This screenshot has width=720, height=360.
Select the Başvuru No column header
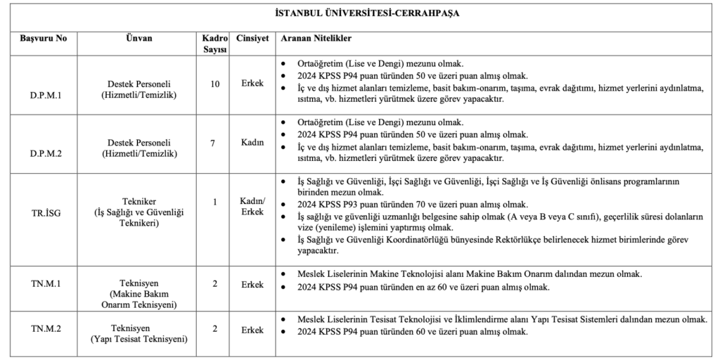coord(43,37)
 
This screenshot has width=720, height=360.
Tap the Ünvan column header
coord(140,37)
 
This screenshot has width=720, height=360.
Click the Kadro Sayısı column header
coord(215,43)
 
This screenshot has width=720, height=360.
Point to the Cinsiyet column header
coord(252,37)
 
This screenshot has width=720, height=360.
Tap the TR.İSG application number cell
coord(44,212)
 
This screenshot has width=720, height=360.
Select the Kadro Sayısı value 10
coord(215,84)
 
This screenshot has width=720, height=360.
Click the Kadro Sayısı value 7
coord(215,143)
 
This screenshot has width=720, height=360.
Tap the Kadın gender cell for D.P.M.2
coord(252,143)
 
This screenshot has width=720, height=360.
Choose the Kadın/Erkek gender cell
coord(252,207)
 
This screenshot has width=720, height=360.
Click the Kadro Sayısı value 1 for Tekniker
coord(215,202)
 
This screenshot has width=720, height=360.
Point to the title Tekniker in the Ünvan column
coord(139,202)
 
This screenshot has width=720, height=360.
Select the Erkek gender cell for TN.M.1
coord(252,285)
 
